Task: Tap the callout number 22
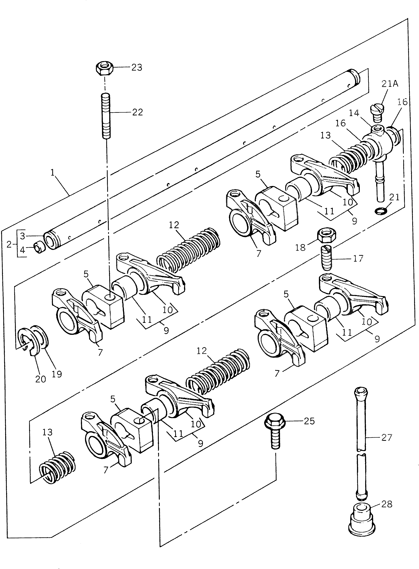tap(137, 112)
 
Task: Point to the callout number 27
tap(387, 437)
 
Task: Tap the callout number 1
tap(53, 173)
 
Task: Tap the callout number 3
tap(23, 236)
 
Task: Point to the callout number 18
tap(300, 247)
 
